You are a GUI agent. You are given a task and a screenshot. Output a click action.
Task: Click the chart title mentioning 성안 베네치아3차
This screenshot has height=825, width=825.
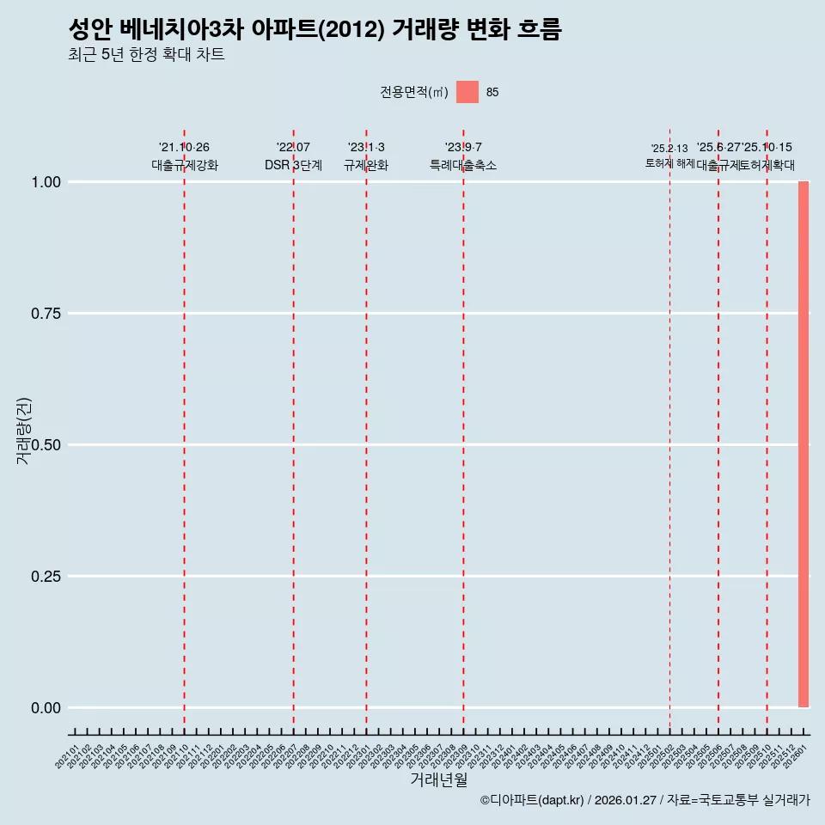pyautogui.click(x=315, y=30)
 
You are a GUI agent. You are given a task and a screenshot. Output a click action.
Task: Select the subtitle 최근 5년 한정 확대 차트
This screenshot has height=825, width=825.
pyautogui.click(x=146, y=55)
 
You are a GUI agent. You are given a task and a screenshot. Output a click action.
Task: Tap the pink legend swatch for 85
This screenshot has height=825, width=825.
pyautogui.click(x=467, y=92)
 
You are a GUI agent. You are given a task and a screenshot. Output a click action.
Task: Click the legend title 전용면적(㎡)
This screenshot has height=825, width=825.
pyautogui.click(x=413, y=92)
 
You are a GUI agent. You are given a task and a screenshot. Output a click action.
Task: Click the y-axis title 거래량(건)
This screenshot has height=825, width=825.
pyautogui.click(x=23, y=431)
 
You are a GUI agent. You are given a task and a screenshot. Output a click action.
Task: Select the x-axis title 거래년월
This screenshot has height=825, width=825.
pyautogui.click(x=438, y=779)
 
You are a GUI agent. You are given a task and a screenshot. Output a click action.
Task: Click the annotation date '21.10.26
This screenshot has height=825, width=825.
pyautogui.click(x=184, y=148)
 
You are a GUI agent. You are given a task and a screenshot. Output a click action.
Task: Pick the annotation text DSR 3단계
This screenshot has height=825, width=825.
pyautogui.click(x=293, y=166)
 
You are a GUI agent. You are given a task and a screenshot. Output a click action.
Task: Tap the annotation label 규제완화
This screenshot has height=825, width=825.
pyautogui.click(x=366, y=166)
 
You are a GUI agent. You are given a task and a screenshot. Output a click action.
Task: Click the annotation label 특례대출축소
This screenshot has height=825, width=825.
pyautogui.click(x=463, y=166)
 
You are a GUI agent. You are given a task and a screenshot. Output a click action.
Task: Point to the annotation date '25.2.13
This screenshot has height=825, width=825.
pyautogui.click(x=669, y=149)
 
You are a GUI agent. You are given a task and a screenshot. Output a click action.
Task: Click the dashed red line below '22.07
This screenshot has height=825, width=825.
pyautogui.click(x=293, y=430)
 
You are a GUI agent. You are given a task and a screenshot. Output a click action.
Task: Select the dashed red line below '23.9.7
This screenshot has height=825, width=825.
pyautogui.click(x=463, y=430)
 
